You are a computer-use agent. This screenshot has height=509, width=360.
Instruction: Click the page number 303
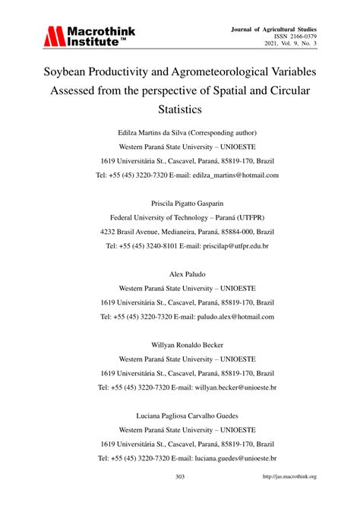[180, 476]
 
